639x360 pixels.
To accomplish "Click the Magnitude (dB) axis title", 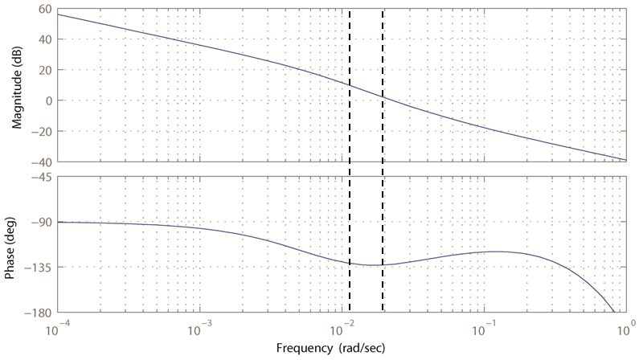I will pos(15,84).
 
